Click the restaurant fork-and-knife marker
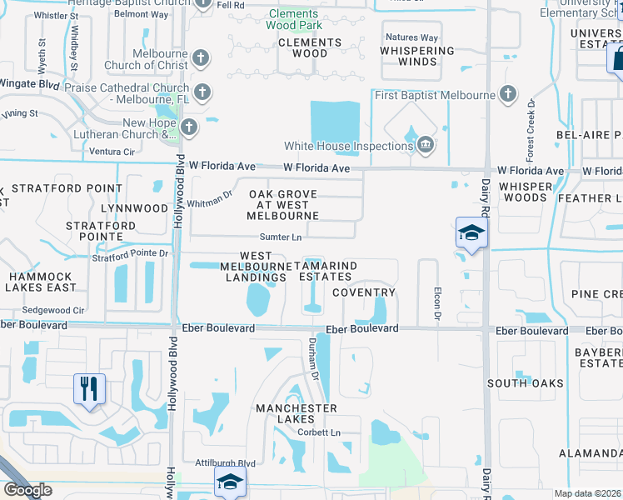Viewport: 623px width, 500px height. (x=89, y=388)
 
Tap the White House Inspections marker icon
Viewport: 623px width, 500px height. (x=426, y=146)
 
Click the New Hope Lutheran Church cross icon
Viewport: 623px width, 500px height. (x=189, y=127)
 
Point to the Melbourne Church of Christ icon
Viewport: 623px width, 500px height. (x=200, y=58)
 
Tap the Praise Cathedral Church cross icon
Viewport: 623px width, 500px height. (x=202, y=91)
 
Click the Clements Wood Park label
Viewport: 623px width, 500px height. (x=292, y=20)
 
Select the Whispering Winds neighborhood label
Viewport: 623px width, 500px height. (x=418, y=56)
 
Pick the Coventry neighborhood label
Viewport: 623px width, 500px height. (x=364, y=292)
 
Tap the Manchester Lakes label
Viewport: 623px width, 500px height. (x=297, y=414)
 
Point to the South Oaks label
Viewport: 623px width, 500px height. (x=525, y=383)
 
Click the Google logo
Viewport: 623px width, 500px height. (x=27, y=490)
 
